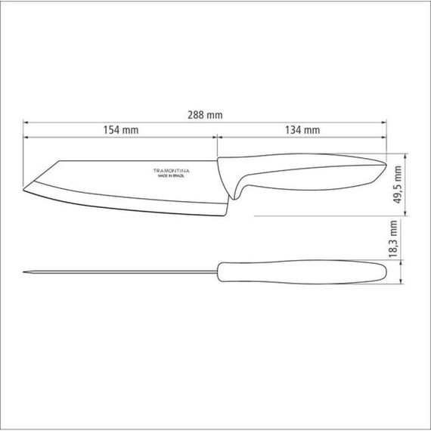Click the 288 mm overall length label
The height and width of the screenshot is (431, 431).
205,115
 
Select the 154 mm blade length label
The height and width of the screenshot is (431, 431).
121,130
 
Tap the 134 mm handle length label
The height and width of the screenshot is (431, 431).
302,130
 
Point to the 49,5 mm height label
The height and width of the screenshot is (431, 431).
398,184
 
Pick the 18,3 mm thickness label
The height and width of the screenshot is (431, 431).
393,239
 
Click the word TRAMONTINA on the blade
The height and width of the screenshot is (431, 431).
171,171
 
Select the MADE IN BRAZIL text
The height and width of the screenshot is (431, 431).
171,176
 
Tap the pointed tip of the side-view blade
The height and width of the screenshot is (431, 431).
23,189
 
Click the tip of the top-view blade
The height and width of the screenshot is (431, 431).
23,272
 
